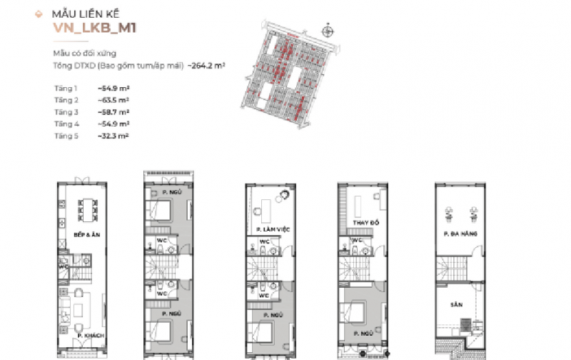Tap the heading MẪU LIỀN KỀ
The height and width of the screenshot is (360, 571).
point(83,14)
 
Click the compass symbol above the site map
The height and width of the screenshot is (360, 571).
point(328,31)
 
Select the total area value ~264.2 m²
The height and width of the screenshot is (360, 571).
point(206,65)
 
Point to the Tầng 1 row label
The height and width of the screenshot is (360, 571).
point(66,88)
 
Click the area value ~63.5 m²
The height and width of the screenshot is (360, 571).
point(113,100)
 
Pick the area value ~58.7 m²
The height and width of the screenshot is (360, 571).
point(113,112)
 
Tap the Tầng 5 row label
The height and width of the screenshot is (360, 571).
point(66,136)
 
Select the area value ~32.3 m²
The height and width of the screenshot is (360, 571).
point(113,136)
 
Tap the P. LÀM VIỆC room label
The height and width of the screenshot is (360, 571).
point(268,229)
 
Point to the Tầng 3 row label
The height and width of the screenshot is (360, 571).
point(66,112)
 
